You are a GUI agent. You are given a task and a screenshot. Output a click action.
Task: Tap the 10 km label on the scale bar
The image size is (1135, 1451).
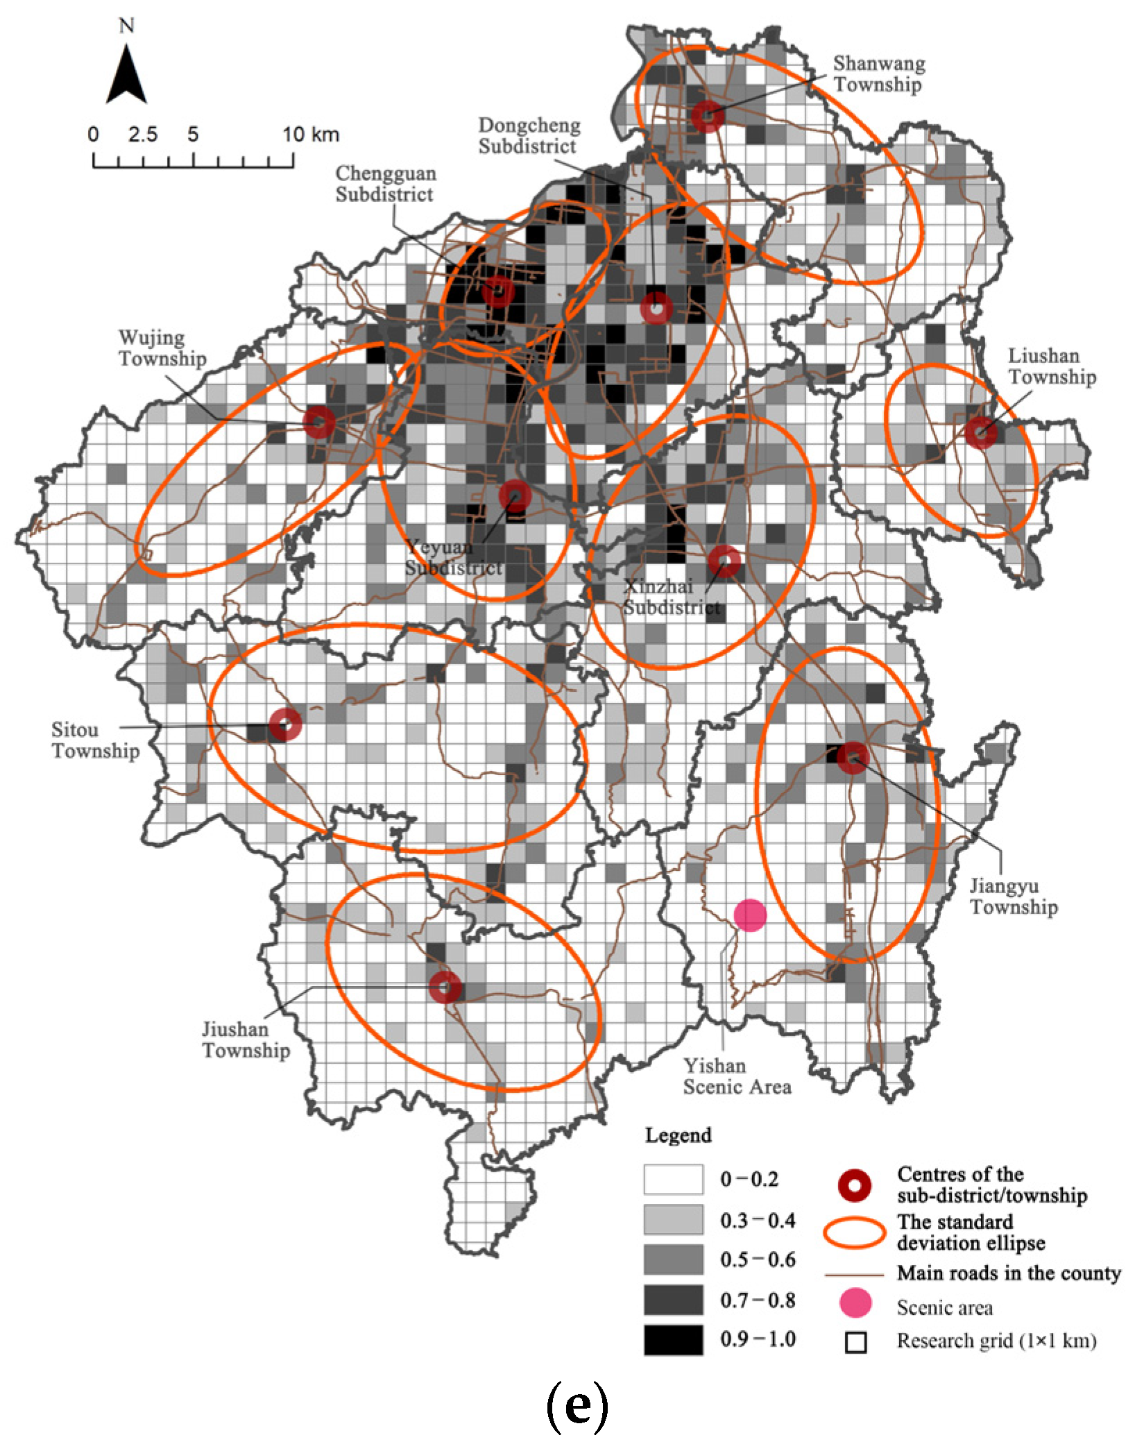point(310,135)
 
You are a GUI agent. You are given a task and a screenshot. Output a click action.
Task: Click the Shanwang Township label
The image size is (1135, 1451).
point(878,74)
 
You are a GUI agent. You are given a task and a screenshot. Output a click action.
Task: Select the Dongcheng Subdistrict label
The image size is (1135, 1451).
point(529,136)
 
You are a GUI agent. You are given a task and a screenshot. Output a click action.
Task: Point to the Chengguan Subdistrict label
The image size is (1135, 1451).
point(386,184)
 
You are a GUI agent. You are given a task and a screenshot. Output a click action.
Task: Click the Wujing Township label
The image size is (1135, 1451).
point(162,348)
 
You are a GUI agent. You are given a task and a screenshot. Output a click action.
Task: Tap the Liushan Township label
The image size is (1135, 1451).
point(1052,366)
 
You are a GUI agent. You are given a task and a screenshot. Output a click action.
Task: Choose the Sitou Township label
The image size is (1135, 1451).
point(95,740)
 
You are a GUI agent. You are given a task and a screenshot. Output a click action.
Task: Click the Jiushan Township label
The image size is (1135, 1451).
point(246,1040)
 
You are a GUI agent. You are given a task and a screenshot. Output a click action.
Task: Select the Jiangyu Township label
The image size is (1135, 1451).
point(1013,896)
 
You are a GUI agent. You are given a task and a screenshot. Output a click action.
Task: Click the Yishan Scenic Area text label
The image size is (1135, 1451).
point(737,1076)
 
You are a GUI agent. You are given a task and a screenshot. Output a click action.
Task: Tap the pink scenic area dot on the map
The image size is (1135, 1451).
point(750,916)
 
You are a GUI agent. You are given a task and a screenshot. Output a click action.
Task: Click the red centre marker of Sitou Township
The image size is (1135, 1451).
point(285,725)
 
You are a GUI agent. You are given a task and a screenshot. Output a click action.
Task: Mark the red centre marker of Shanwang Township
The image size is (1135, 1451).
point(708,116)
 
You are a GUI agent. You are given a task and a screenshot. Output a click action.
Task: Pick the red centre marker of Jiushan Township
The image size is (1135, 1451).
point(445,987)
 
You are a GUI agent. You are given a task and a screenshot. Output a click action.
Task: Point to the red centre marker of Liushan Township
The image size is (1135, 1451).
point(980,432)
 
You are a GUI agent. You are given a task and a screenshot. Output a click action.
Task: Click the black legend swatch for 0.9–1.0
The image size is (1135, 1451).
point(673,1340)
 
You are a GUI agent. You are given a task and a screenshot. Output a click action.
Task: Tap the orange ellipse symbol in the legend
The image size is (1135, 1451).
point(854,1232)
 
